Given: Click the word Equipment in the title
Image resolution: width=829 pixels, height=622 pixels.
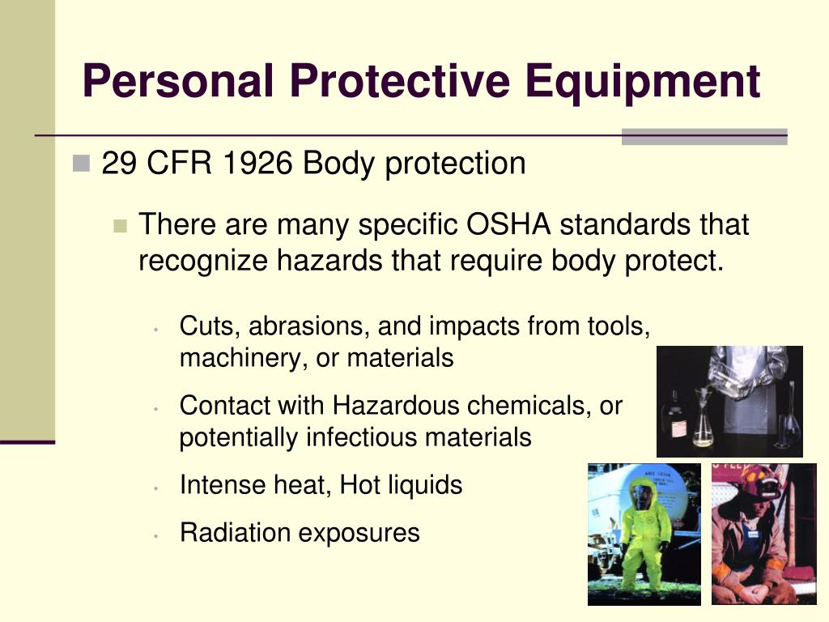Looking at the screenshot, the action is [643, 82].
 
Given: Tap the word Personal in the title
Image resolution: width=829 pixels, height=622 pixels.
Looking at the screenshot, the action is [178, 80].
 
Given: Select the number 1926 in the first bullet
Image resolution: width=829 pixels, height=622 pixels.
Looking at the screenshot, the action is [257, 162].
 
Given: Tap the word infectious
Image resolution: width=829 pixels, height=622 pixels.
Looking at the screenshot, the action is [361, 437].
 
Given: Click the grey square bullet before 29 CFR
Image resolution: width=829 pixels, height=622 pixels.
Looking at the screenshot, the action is [81, 163].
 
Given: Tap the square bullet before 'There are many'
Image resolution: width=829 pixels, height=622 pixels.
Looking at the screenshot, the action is [121, 226].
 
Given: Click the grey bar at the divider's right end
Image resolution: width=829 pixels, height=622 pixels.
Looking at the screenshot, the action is [704, 136].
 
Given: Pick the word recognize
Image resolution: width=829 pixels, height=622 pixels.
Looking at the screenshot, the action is [203, 261].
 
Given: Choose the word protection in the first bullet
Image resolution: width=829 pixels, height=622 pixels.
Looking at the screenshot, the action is [455, 164].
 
